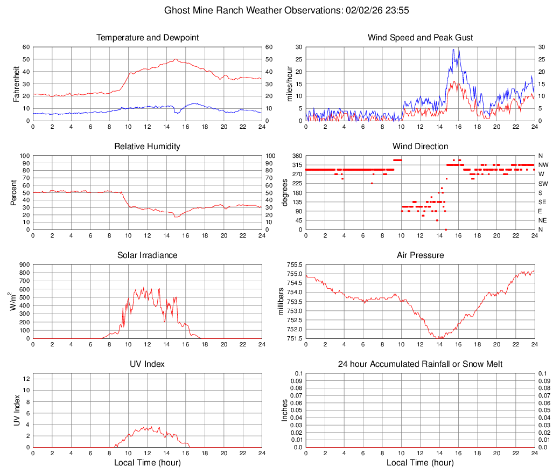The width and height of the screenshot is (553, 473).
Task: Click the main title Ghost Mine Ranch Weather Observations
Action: [276, 10]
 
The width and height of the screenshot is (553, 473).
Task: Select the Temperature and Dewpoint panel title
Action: [148, 38]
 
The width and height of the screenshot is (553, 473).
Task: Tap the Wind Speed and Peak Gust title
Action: [420, 38]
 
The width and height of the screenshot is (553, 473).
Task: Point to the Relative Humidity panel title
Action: [148, 147]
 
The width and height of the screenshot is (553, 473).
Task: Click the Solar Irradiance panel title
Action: [148, 255]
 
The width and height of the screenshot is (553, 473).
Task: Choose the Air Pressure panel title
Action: [420, 255]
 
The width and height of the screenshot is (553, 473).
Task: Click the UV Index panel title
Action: [148, 364]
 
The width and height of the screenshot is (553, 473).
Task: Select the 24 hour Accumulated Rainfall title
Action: [420, 364]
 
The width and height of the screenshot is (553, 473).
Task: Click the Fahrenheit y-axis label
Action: [16, 84]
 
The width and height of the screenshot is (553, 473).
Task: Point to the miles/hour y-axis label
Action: [289, 84]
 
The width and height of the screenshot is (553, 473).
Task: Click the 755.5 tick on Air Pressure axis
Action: [294, 265]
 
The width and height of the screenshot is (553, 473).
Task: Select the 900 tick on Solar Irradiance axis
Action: [24, 265]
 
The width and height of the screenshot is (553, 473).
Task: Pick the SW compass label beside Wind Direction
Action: [543, 184]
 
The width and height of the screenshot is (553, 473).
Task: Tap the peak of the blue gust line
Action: [453, 50]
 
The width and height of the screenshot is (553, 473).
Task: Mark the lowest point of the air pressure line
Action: [439, 338]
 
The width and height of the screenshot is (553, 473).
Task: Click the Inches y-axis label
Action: [285, 410]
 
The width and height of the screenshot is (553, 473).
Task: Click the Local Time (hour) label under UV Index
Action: [148, 463]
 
